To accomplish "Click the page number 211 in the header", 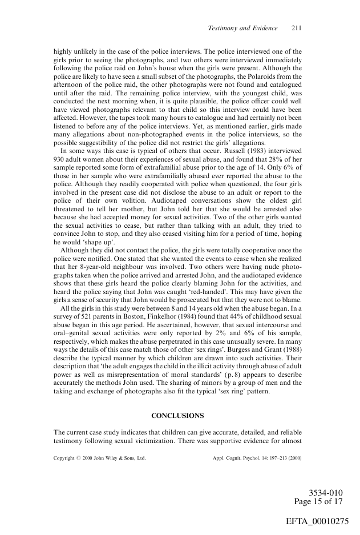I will pyautogui.click(x=296, y=29).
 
